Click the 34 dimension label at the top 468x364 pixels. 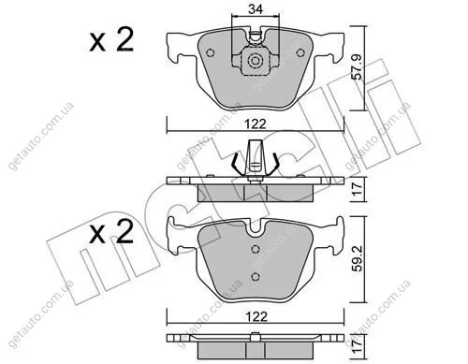coord(256,9)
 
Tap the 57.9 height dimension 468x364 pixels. coord(357,67)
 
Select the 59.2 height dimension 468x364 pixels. coord(358,258)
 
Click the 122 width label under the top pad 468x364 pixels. coord(256,124)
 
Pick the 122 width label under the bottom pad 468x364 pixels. coord(256,316)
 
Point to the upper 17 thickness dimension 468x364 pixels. coord(358,189)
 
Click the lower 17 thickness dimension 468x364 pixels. coord(358,346)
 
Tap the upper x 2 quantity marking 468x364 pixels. coord(111,39)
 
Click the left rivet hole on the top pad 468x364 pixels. coord(211,52)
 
